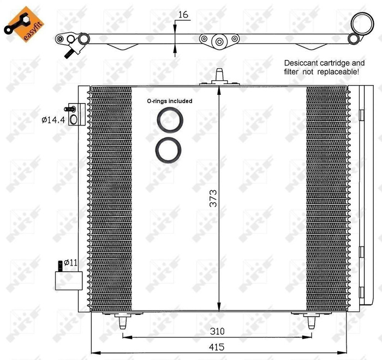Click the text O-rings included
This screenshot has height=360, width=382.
[x=170, y=101]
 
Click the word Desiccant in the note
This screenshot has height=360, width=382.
[x=302, y=63]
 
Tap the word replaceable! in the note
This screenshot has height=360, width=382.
[x=339, y=71]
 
